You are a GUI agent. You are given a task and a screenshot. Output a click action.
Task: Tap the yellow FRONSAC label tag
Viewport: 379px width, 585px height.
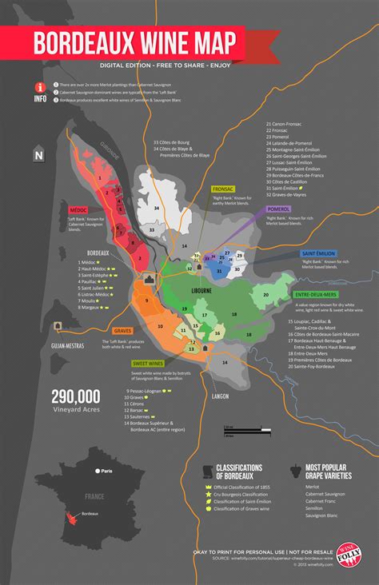click(222, 189)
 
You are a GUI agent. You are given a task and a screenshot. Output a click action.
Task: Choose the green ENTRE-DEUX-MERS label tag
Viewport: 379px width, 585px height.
click(313, 296)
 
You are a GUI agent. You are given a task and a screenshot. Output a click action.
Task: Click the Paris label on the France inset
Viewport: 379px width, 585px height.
click(106, 471)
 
